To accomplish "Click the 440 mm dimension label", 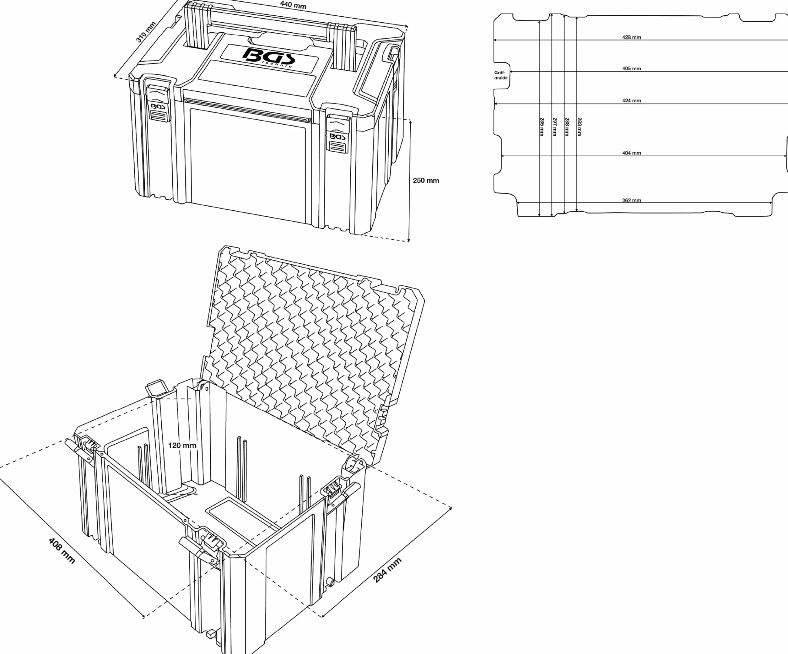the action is pyautogui.click(x=293, y=5).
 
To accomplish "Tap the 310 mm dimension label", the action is pyautogui.click(x=146, y=32).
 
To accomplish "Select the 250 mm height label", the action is pyautogui.click(x=426, y=181).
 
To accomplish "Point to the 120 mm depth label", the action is pyautogui.click(x=182, y=446).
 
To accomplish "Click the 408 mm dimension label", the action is pyautogui.click(x=62, y=551).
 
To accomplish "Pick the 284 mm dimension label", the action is pyautogui.click(x=387, y=570).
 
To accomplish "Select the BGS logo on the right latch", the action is pyautogui.click(x=337, y=137).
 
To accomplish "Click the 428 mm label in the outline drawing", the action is pyautogui.click(x=632, y=37).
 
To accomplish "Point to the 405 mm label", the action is pyautogui.click(x=632, y=68).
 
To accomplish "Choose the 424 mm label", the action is pyautogui.click(x=632, y=100).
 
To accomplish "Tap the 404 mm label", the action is pyautogui.click(x=632, y=153).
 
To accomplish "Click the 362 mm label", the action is pyautogui.click(x=632, y=200).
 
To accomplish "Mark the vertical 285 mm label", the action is pyautogui.click(x=542, y=127).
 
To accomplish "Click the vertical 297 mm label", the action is pyautogui.click(x=555, y=127).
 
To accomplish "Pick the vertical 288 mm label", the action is pyautogui.click(x=567, y=127).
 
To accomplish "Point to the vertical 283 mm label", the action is pyautogui.click(x=579, y=127).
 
